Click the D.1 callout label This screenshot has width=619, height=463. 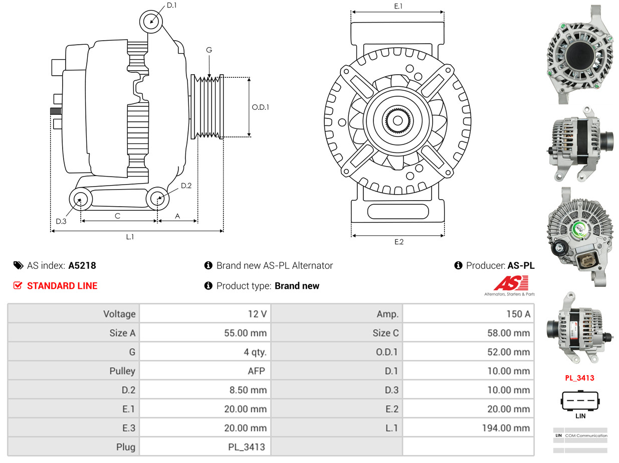click(x=171, y=6)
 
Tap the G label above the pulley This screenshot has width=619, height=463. click(x=209, y=50)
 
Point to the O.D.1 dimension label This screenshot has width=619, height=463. click(x=260, y=107)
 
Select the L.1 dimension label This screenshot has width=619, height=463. click(x=130, y=237)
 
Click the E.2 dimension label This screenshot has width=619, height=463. click(x=398, y=242)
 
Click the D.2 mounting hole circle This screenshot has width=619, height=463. click(x=157, y=199)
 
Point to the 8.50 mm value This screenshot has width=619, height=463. click(x=246, y=390)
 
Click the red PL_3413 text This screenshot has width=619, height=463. click(x=579, y=378)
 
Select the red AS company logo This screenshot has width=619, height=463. click(x=510, y=283)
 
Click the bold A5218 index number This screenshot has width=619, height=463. click(x=82, y=266)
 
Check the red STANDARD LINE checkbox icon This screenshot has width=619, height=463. click(x=18, y=286)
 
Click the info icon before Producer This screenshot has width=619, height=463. click(x=458, y=266)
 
